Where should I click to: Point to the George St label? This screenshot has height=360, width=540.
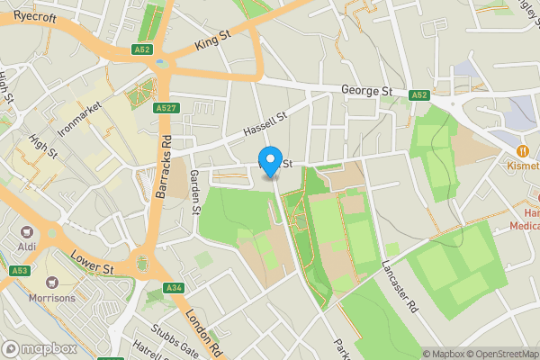[x=367, y=91]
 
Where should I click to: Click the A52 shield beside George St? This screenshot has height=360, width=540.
[x=418, y=94]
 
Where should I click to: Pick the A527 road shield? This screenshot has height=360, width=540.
[x=165, y=108]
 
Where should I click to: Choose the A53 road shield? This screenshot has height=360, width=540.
[x=20, y=270]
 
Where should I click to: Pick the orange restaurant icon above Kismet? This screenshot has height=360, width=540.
[x=522, y=150]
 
